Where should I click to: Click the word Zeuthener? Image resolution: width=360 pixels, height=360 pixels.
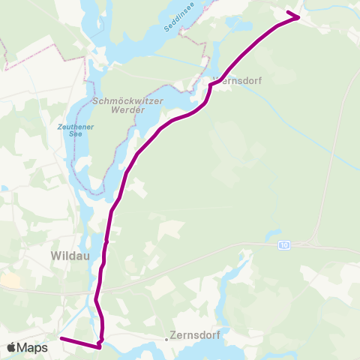tap(73, 127)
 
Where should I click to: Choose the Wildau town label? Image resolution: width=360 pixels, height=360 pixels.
tap(70, 255)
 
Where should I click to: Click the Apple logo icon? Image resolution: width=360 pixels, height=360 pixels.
tap(12, 347)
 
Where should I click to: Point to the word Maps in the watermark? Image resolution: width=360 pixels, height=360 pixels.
tap(34, 347)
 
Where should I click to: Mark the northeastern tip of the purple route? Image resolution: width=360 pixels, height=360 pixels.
tap(299, 16)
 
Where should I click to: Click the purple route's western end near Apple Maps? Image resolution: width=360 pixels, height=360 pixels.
tap(61, 339)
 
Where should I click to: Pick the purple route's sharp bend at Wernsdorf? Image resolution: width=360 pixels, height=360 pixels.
tap(210, 85)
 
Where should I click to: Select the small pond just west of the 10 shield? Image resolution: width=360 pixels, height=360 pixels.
tap(270, 235)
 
